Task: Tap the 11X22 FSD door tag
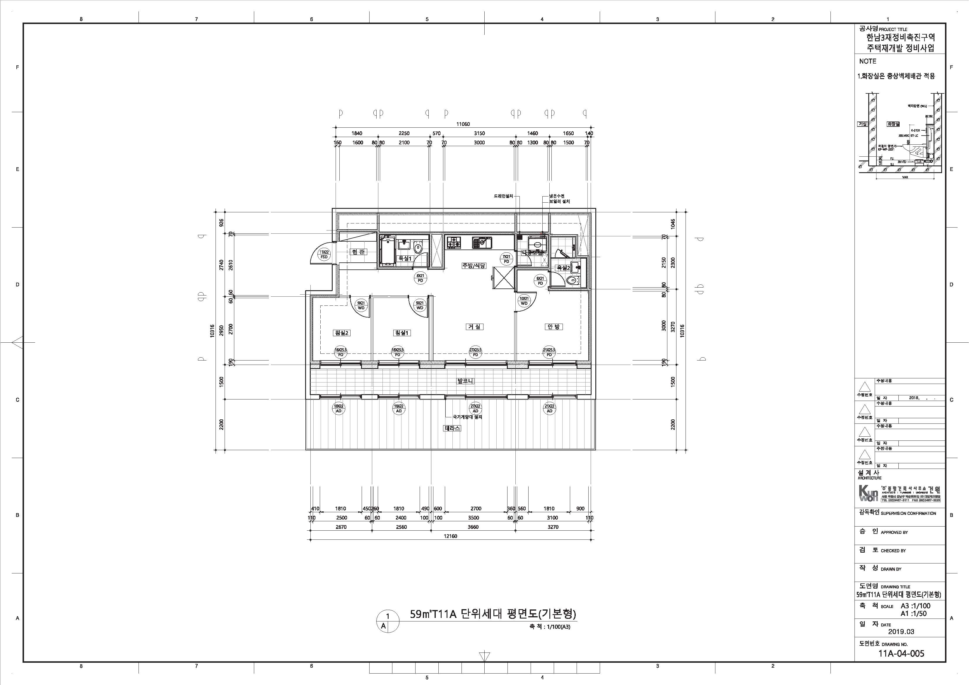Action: point(324,254)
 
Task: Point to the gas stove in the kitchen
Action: point(454,242)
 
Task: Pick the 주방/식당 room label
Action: point(474,266)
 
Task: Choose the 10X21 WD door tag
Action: point(524,301)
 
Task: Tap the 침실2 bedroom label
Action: point(341,333)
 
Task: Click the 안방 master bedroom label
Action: point(553,326)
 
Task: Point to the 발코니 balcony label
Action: point(465,381)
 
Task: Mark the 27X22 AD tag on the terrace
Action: point(475,408)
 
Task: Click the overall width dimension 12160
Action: point(451,537)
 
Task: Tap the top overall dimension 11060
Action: point(463,124)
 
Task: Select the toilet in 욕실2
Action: point(572,280)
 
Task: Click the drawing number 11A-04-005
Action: point(901,654)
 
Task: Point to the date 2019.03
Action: point(901,632)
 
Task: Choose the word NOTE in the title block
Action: point(868,61)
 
